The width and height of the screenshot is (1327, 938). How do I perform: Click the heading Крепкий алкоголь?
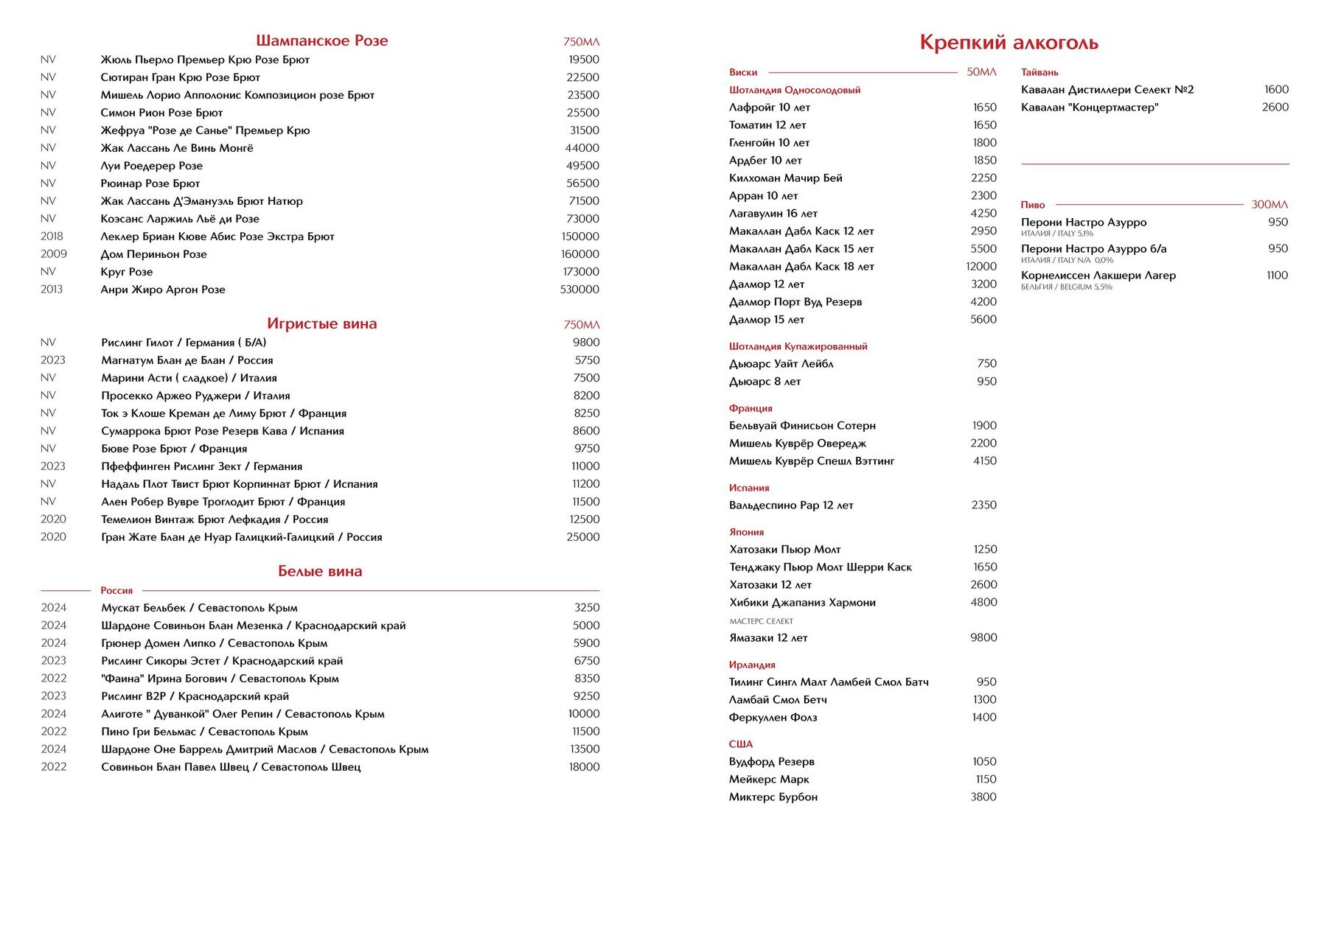pos(1009,43)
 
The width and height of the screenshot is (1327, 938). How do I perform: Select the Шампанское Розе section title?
pos(321,41)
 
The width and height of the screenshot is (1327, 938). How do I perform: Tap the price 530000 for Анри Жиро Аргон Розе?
pos(579,290)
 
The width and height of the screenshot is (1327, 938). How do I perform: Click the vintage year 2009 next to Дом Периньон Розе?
pos(54,254)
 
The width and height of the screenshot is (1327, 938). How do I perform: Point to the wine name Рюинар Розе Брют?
pos(150,183)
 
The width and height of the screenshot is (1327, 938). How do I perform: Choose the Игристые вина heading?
pos(321,323)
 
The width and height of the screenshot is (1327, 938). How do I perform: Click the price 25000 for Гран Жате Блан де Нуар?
pos(583,537)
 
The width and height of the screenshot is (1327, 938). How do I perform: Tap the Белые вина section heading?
pos(320,571)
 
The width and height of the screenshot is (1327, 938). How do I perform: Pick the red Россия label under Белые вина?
pos(116,590)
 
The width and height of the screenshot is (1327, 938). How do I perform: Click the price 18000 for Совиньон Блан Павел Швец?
pos(584,767)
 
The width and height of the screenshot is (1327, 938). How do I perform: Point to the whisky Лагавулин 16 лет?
pos(773,214)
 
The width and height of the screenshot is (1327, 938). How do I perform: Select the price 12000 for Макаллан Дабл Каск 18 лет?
pos(981,267)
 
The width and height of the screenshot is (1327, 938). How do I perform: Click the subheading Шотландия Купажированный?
pos(798,346)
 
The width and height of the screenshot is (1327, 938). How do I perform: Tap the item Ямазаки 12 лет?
pos(768,638)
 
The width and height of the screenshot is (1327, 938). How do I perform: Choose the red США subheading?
pos(741,744)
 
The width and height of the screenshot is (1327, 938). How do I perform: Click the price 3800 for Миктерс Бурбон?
pos(983,797)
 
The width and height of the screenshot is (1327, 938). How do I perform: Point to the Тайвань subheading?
pos(1039,72)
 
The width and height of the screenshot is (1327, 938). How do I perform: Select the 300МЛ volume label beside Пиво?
pos(1269,205)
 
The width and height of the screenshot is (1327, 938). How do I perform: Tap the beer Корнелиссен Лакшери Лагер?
pos(1098,276)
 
